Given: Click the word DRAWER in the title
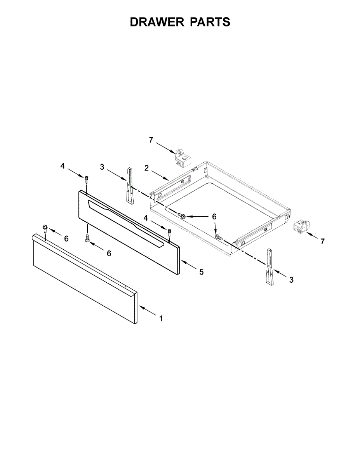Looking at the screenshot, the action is (x=157, y=22).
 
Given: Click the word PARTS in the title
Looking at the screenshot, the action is (x=210, y=22).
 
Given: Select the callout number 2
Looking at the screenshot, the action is (x=146, y=168).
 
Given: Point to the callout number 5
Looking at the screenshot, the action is (x=201, y=272).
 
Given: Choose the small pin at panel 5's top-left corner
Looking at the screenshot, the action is (x=86, y=180).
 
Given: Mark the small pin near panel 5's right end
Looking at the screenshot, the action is (x=170, y=233).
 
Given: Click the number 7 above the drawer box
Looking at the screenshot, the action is (x=151, y=140).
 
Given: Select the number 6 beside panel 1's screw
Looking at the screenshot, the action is (x=66, y=239).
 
